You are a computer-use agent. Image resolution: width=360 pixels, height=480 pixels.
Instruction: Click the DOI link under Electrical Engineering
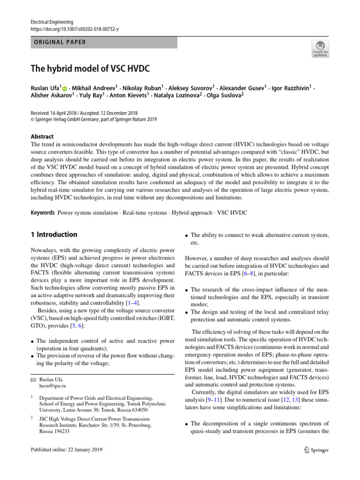click(x=75, y=29)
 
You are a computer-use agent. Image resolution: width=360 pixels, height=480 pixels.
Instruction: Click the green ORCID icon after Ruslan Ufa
click(x=64, y=88)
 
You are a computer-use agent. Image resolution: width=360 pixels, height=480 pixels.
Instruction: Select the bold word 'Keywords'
click(x=43, y=213)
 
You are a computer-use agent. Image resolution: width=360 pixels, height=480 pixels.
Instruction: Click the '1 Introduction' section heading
click(x=54, y=235)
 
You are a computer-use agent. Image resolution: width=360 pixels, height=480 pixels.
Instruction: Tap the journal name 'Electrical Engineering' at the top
click(x=52, y=22)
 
